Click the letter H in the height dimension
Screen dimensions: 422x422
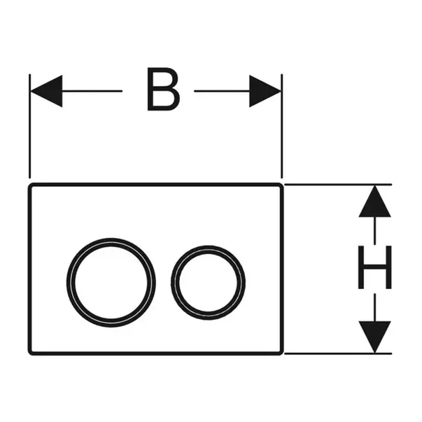pos(374,269)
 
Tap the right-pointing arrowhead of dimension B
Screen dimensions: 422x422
pos(266,91)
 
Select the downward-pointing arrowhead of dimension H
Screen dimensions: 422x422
pos(374,336)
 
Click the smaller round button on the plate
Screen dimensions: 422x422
pos(208,278)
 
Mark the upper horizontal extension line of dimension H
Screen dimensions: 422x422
pos(336,185)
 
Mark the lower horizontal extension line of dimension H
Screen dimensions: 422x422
pos(336,353)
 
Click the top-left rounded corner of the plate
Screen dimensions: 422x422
pos(31,187)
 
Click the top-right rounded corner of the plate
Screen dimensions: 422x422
pos(281,187)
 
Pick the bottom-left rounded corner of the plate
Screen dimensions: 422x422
pos(31,352)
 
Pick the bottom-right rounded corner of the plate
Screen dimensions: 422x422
pos(281,352)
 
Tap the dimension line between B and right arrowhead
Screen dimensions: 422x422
pos(220,91)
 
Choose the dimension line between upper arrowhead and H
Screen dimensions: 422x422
pos(374,231)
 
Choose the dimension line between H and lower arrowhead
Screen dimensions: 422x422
pos(374,308)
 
